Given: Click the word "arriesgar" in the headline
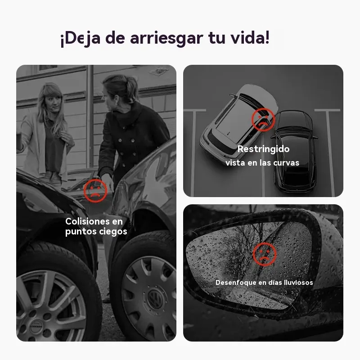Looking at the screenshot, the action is point(166,38).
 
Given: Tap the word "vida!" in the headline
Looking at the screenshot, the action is point(250,37).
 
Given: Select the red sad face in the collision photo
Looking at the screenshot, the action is point(95,190).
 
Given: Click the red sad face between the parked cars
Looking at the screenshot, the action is point(263,120).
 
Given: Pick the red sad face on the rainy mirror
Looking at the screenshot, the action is point(265,254).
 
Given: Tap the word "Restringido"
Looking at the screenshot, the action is point(263,149).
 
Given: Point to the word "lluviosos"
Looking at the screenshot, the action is point(298,283).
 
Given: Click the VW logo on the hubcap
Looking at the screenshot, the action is point(154,298).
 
